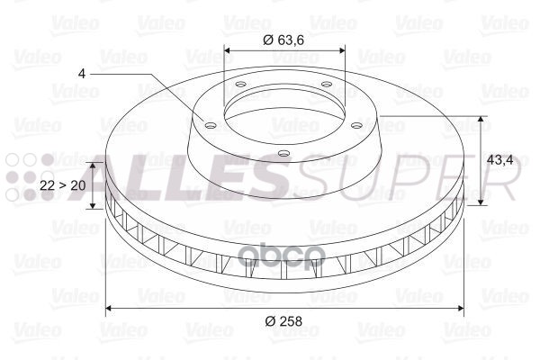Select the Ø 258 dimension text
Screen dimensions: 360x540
[283, 321]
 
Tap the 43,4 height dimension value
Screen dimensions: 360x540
[499, 159]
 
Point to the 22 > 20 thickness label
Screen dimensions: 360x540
[64, 184]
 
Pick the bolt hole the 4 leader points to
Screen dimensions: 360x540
[210, 126]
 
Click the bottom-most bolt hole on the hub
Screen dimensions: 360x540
[283, 154]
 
